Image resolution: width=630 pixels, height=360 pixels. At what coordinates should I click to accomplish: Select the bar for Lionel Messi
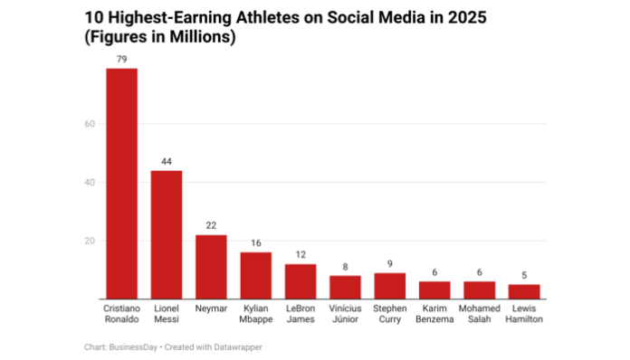coord(166,235)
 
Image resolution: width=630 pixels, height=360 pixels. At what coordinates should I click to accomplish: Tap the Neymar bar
coord(211,267)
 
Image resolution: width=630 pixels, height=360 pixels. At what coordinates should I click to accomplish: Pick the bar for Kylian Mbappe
coord(255,276)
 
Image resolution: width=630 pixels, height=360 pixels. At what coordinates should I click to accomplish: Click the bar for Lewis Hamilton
coord(524,292)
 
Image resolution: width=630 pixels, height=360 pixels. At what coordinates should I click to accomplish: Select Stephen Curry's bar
coord(390,286)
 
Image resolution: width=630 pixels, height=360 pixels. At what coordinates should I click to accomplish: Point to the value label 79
coord(121,59)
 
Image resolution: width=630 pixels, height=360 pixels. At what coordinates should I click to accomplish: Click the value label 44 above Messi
coord(166,161)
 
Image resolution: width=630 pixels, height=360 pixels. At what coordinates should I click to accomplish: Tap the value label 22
coord(211,225)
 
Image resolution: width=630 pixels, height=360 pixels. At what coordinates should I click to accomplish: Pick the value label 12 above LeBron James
coord(301,254)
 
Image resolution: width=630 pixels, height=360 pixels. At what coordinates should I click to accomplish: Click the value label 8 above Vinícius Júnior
coord(345,266)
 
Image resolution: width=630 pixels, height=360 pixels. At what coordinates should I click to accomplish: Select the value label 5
coord(524,275)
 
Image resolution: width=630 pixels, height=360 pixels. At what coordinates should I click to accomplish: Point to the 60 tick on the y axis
coord(90,124)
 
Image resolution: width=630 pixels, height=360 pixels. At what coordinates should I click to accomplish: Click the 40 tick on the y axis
coord(90,183)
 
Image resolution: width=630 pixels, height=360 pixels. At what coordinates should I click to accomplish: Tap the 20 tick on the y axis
coord(90,242)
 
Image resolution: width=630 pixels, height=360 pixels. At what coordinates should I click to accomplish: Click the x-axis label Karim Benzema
coord(434,314)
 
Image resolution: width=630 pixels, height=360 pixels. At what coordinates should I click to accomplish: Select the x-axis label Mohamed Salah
coord(480,314)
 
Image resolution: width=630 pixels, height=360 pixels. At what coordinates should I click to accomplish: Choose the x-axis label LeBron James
coord(301,314)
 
